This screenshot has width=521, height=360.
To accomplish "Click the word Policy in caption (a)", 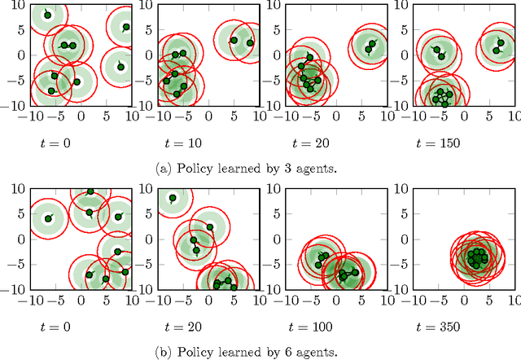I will click(x=190, y=169).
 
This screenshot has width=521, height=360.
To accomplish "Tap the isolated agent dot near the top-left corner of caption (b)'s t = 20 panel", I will click(x=173, y=198).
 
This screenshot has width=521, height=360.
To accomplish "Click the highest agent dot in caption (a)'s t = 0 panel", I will click(x=47, y=15).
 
